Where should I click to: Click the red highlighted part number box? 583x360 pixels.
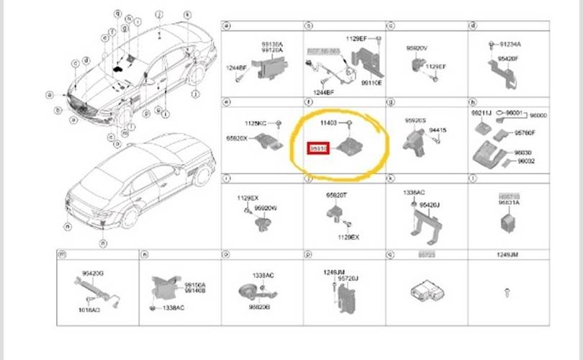tap(318, 148)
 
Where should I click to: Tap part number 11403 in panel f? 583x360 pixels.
tap(328, 124)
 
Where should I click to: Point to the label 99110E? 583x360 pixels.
tap(371, 84)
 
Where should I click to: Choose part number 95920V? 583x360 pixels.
tap(417, 49)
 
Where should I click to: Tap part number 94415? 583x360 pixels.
tap(438, 130)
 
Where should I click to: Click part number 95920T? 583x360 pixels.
tap(336, 195)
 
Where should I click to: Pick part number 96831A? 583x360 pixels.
tap(510, 204)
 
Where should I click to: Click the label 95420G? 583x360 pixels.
tap(93, 274)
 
